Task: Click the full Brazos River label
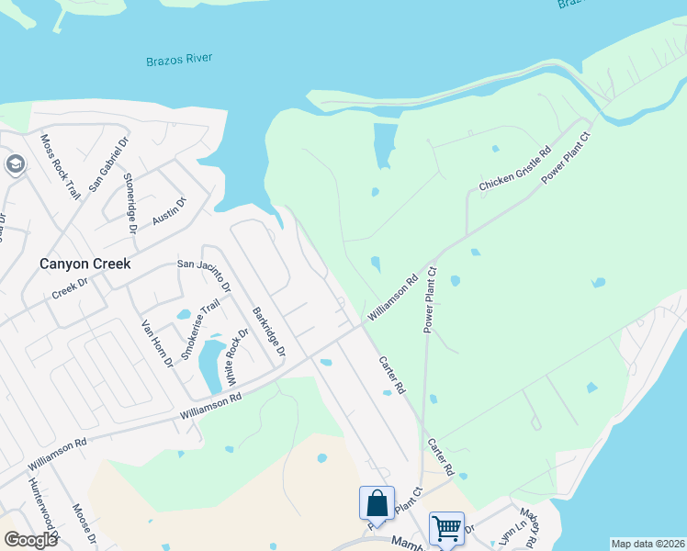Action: [x=179, y=60]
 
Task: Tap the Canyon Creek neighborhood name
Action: [x=84, y=264]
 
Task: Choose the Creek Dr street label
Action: [x=68, y=289]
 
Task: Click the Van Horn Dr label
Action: [x=156, y=343]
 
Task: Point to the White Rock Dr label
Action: [x=237, y=357]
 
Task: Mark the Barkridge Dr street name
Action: [x=269, y=332]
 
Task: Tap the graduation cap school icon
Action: [x=15, y=164]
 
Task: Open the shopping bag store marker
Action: [x=377, y=502]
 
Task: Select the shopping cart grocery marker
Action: [x=446, y=527]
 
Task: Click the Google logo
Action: [x=30, y=540]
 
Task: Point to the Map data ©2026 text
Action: [x=648, y=544]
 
